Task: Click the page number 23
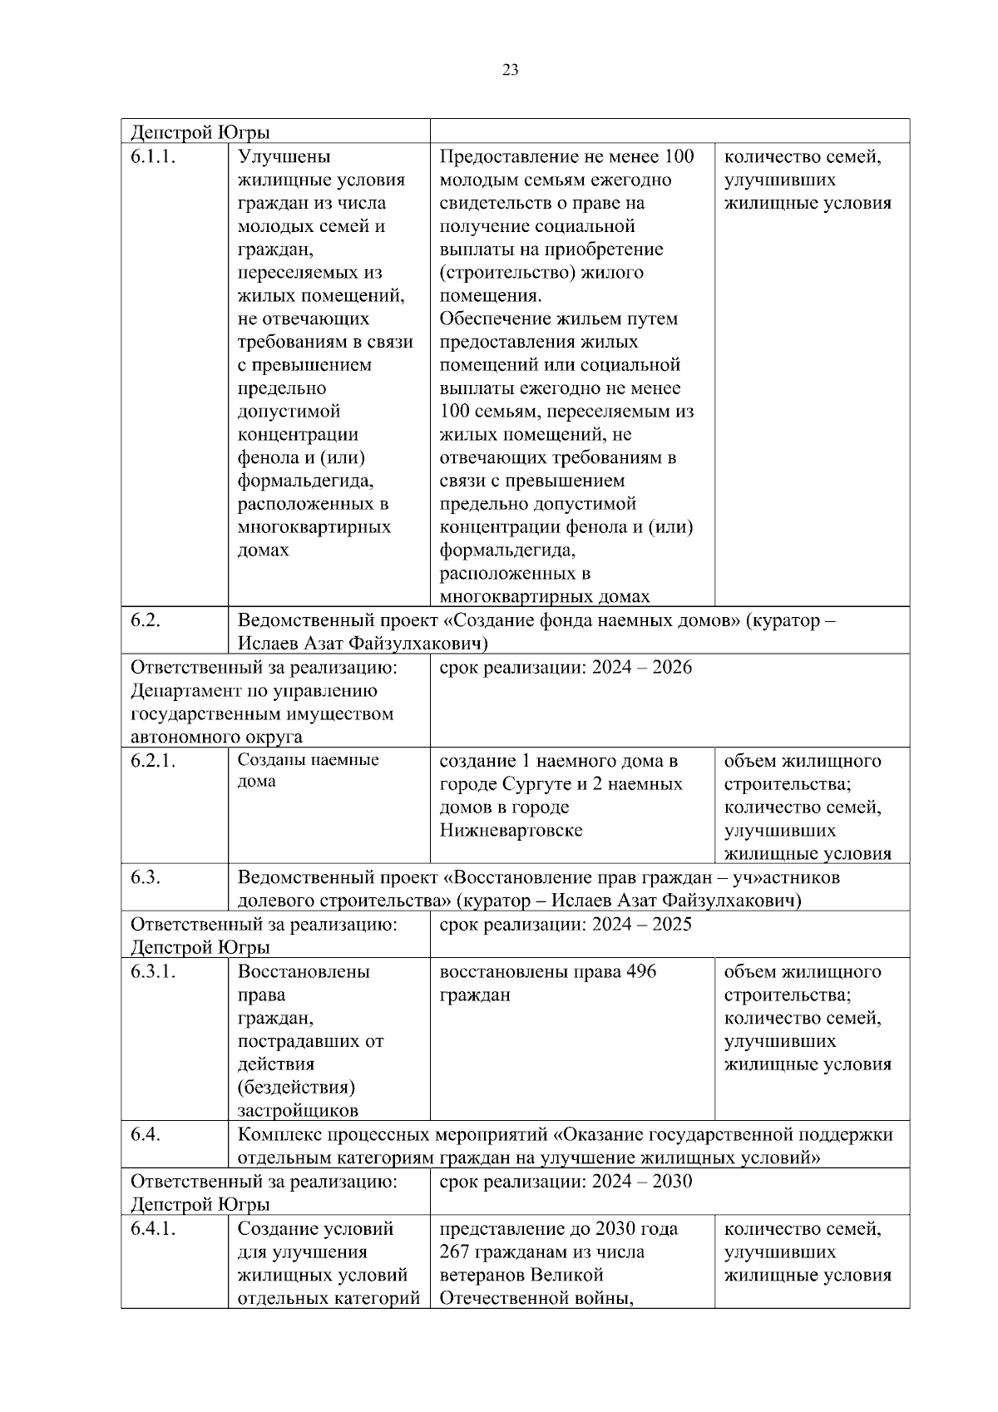tap(511, 71)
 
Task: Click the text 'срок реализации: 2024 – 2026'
tap(566, 668)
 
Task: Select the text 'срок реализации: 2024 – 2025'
tap(566, 925)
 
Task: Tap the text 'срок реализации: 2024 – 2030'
tap(566, 1182)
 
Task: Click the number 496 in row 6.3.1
tap(640, 971)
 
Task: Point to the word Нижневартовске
tap(511, 830)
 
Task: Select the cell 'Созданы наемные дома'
tap(308, 771)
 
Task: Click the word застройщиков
tap(298, 1111)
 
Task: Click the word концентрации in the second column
tap(298, 434)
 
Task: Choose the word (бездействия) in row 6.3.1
tap(296, 1088)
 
